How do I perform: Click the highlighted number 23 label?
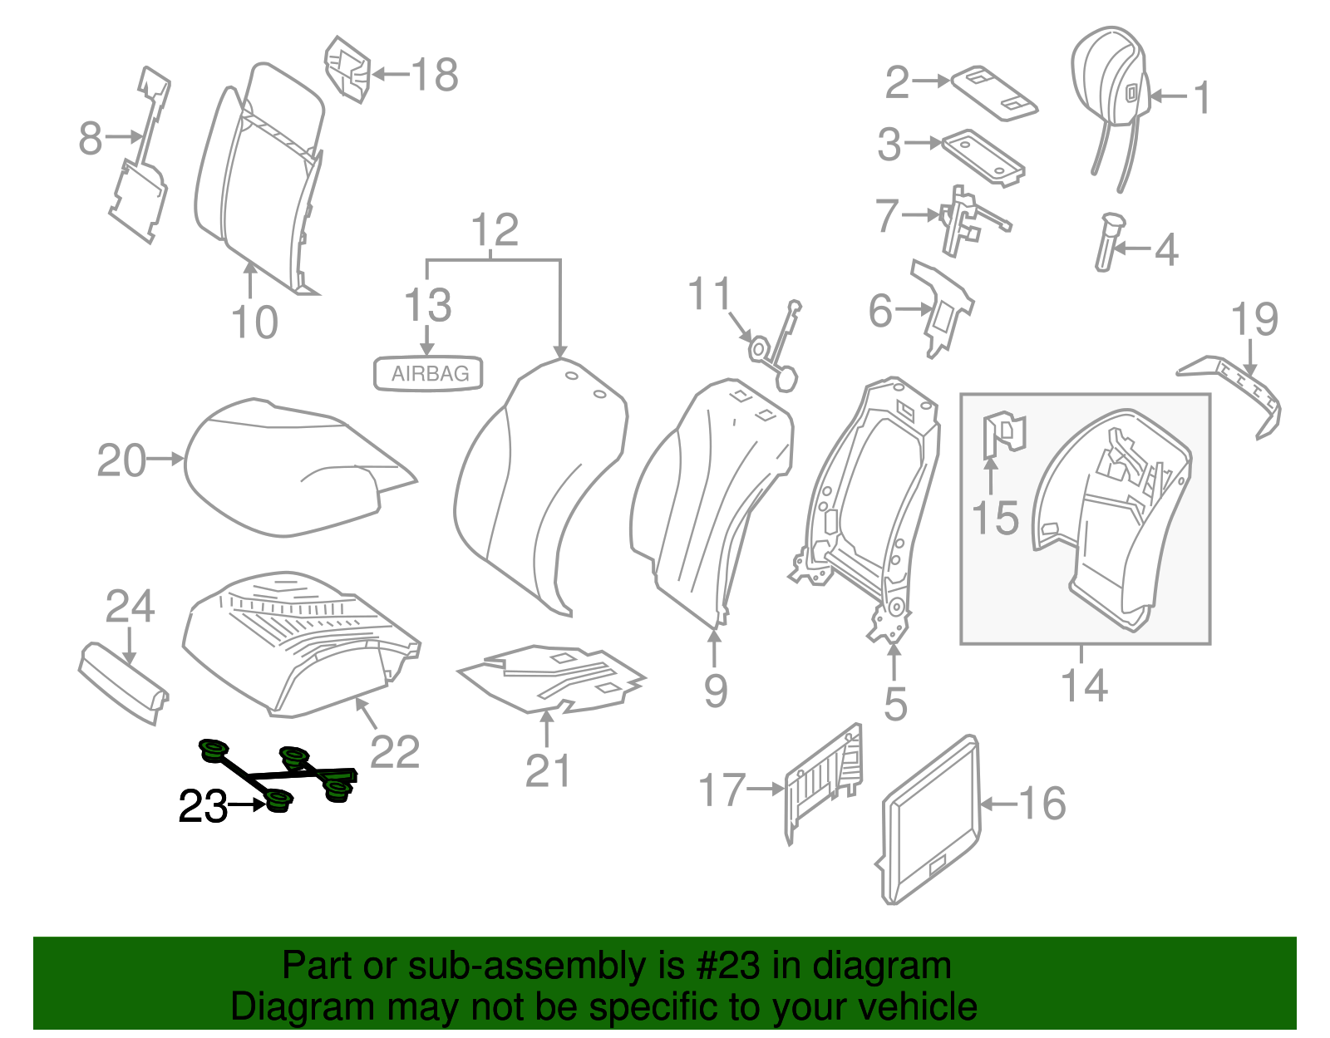point(203,805)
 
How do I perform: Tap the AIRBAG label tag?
point(429,374)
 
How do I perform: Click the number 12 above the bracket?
point(495,230)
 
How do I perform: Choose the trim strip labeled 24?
point(125,681)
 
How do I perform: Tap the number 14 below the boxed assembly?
point(1084,686)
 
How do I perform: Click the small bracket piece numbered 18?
point(347,69)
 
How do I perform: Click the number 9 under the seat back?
point(715,691)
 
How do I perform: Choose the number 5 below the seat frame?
point(894,704)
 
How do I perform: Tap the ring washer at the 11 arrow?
point(760,349)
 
